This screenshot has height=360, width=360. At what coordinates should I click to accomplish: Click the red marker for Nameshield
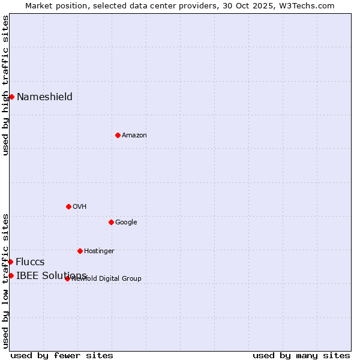[11, 97]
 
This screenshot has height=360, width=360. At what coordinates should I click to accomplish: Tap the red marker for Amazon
[118, 135]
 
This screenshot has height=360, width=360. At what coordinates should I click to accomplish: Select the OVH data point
[68, 206]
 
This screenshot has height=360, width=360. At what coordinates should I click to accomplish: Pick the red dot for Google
[111, 222]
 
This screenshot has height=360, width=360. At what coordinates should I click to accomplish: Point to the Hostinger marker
[80, 251]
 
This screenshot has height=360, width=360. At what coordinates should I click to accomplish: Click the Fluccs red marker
[10, 262]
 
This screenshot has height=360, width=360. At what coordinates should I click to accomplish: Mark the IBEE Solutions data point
[11, 275]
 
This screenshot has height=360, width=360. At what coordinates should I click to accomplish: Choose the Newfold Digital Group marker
[67, 278]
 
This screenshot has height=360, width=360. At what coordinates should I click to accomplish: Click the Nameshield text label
[44, 97]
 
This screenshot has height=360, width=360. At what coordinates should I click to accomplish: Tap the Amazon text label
[134, 135]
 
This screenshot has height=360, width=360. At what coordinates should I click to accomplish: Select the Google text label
[126, 222]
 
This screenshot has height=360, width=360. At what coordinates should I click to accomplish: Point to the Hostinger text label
[99, 251]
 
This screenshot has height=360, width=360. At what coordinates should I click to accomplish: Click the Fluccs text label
[30, 262]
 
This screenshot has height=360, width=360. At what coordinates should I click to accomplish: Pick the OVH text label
[80, 206]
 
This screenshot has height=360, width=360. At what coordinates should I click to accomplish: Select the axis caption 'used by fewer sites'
[62, 355]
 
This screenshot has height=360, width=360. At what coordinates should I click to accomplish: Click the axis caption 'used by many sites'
[301, 355]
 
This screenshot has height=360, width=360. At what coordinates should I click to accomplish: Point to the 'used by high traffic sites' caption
[5, 85]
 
